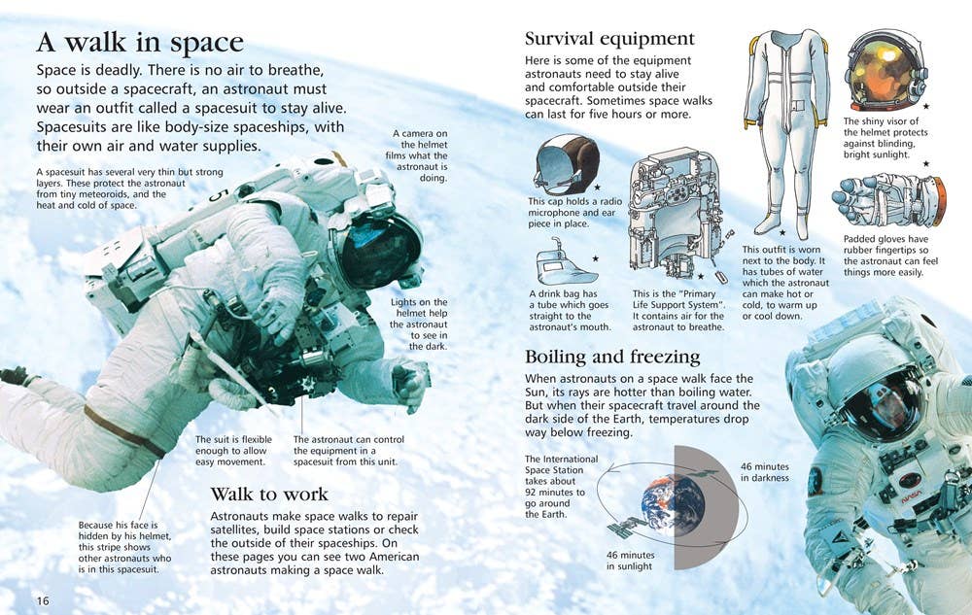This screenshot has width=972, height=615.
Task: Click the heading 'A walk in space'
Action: [140, 43]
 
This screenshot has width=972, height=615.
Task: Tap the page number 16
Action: [42, 600]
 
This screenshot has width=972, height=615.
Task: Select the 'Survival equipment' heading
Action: [609, 39]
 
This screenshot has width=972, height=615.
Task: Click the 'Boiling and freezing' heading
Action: [611, 358]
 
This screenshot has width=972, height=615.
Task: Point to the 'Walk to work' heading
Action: [269, 495]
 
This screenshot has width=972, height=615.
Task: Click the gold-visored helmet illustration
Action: [885, 71]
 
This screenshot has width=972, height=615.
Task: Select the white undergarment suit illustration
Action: [787, 131]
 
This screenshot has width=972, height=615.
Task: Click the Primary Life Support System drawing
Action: [678, 213]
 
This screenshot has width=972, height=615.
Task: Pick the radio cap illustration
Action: [566, 164]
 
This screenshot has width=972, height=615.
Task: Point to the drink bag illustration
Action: [565, 264]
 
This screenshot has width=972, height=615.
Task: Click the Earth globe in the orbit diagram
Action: [674, 506]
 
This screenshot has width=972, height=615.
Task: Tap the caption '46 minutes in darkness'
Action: [765, 472]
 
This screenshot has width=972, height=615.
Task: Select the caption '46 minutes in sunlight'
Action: [630, 561]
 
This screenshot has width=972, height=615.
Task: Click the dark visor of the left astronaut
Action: [379, 251]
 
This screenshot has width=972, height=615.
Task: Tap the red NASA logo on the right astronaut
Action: [911, 494]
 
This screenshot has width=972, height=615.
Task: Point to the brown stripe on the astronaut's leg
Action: [124, 431]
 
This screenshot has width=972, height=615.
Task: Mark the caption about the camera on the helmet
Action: [417, 155]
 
